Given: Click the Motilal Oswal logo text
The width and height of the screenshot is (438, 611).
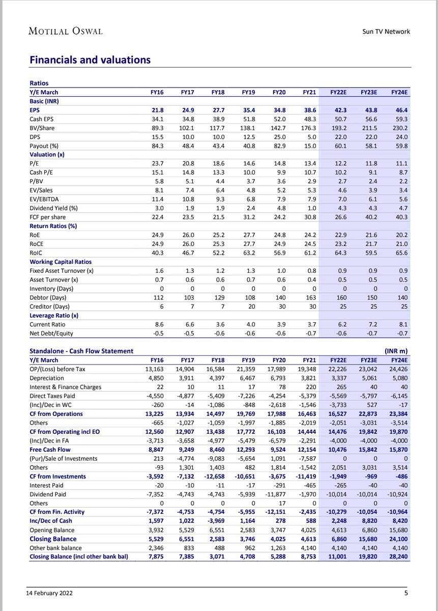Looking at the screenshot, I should (x=65, y=31).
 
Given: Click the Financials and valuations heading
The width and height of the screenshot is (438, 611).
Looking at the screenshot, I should (x=90, y=60).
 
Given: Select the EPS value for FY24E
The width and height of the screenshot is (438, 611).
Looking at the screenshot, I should (x=400, y=110).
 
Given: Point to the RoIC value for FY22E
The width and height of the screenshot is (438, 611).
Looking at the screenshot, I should (x=340, y=253).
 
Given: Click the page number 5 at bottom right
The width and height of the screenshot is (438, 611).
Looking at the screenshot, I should (x=406, y=592).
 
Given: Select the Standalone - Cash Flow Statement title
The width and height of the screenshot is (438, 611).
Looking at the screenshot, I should (x=81, y=351).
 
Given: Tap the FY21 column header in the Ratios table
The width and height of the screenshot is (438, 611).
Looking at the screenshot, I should (x=309, y=92).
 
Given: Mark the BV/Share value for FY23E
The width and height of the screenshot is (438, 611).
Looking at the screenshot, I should (x=370, y=128).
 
